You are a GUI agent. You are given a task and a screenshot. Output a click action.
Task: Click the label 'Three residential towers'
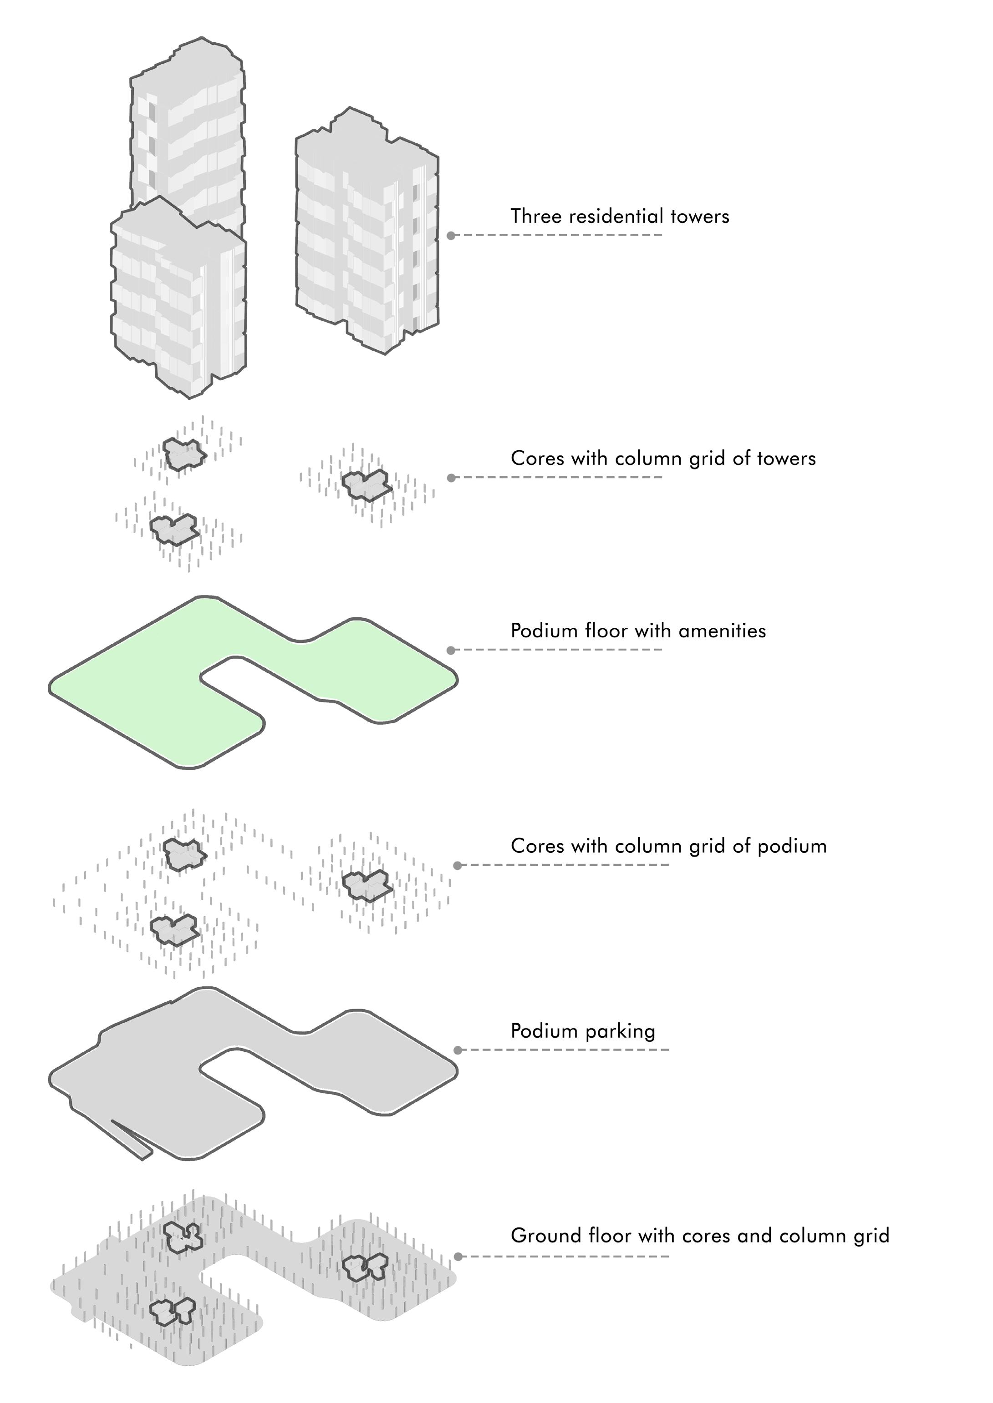point(619,216)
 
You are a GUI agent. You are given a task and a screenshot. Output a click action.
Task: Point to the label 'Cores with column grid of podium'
point(668,846)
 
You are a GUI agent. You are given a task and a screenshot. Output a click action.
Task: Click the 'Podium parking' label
point(583,1031)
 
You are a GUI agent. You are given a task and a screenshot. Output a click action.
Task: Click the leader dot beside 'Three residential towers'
point(451,235)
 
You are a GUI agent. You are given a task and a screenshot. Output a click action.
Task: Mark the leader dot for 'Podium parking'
point(458,1050)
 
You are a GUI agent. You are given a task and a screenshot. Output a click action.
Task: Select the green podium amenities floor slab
point(153,691)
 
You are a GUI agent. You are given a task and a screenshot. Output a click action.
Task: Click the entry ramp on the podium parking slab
point(132,1140)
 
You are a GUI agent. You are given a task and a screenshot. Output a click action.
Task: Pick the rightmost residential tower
point(367,232)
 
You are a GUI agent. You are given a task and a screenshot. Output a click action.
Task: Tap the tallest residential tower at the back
point(189,122)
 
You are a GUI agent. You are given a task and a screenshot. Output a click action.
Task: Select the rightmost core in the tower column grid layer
point(366,484)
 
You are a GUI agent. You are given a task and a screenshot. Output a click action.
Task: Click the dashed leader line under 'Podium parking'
point(565,1050)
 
